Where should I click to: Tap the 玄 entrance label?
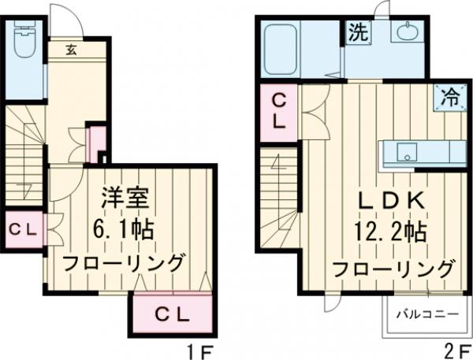coord(71,50)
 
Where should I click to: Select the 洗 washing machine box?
coord(357,35)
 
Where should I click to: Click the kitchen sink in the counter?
coord(407,151)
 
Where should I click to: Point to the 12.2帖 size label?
coord(392,234)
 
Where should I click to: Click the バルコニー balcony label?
coord(426,314)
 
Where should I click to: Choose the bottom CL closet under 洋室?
coord(172,315)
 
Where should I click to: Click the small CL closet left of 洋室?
coord(24,230)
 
